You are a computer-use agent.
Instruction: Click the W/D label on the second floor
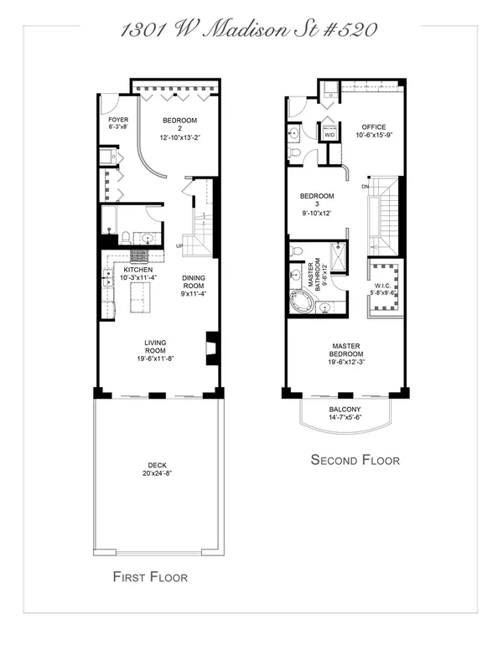[329, 135]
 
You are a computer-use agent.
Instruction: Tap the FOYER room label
[118, 120]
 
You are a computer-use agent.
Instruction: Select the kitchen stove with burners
[139, 256]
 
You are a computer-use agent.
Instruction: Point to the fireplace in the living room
[212, 348]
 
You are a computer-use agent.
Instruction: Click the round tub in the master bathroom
[300, 302]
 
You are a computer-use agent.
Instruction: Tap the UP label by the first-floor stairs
[179, 246]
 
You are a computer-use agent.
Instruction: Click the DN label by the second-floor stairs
[365, 187]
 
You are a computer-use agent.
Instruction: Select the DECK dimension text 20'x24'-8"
[158, 473]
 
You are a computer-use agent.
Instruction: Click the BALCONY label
[345, 409]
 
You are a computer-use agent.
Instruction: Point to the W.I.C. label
[382, 286]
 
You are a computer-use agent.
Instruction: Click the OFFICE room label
[374, 127]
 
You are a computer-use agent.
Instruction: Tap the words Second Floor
[355, 460]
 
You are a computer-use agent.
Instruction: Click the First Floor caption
[150, 577]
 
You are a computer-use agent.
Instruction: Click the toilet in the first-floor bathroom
[126, 238]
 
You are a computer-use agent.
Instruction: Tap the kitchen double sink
[107, 277]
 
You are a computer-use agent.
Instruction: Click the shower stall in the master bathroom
[338, 256]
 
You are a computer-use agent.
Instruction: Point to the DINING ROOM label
[194, 282]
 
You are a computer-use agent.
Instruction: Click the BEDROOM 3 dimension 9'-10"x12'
[317, 214]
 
